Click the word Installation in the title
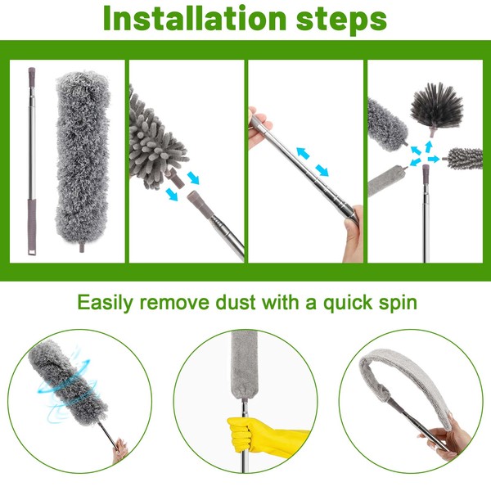tap(195, 18)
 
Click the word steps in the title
tap(341, 20)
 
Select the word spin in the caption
tap(398, 304)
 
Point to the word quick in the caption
tap(348, 303)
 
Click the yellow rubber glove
tap(263, 436)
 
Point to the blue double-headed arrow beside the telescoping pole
tap(313, 162)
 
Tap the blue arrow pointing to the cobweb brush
tap(428, 146)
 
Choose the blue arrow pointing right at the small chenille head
tap(434, 159)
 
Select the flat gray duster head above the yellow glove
tap(244, 364)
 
